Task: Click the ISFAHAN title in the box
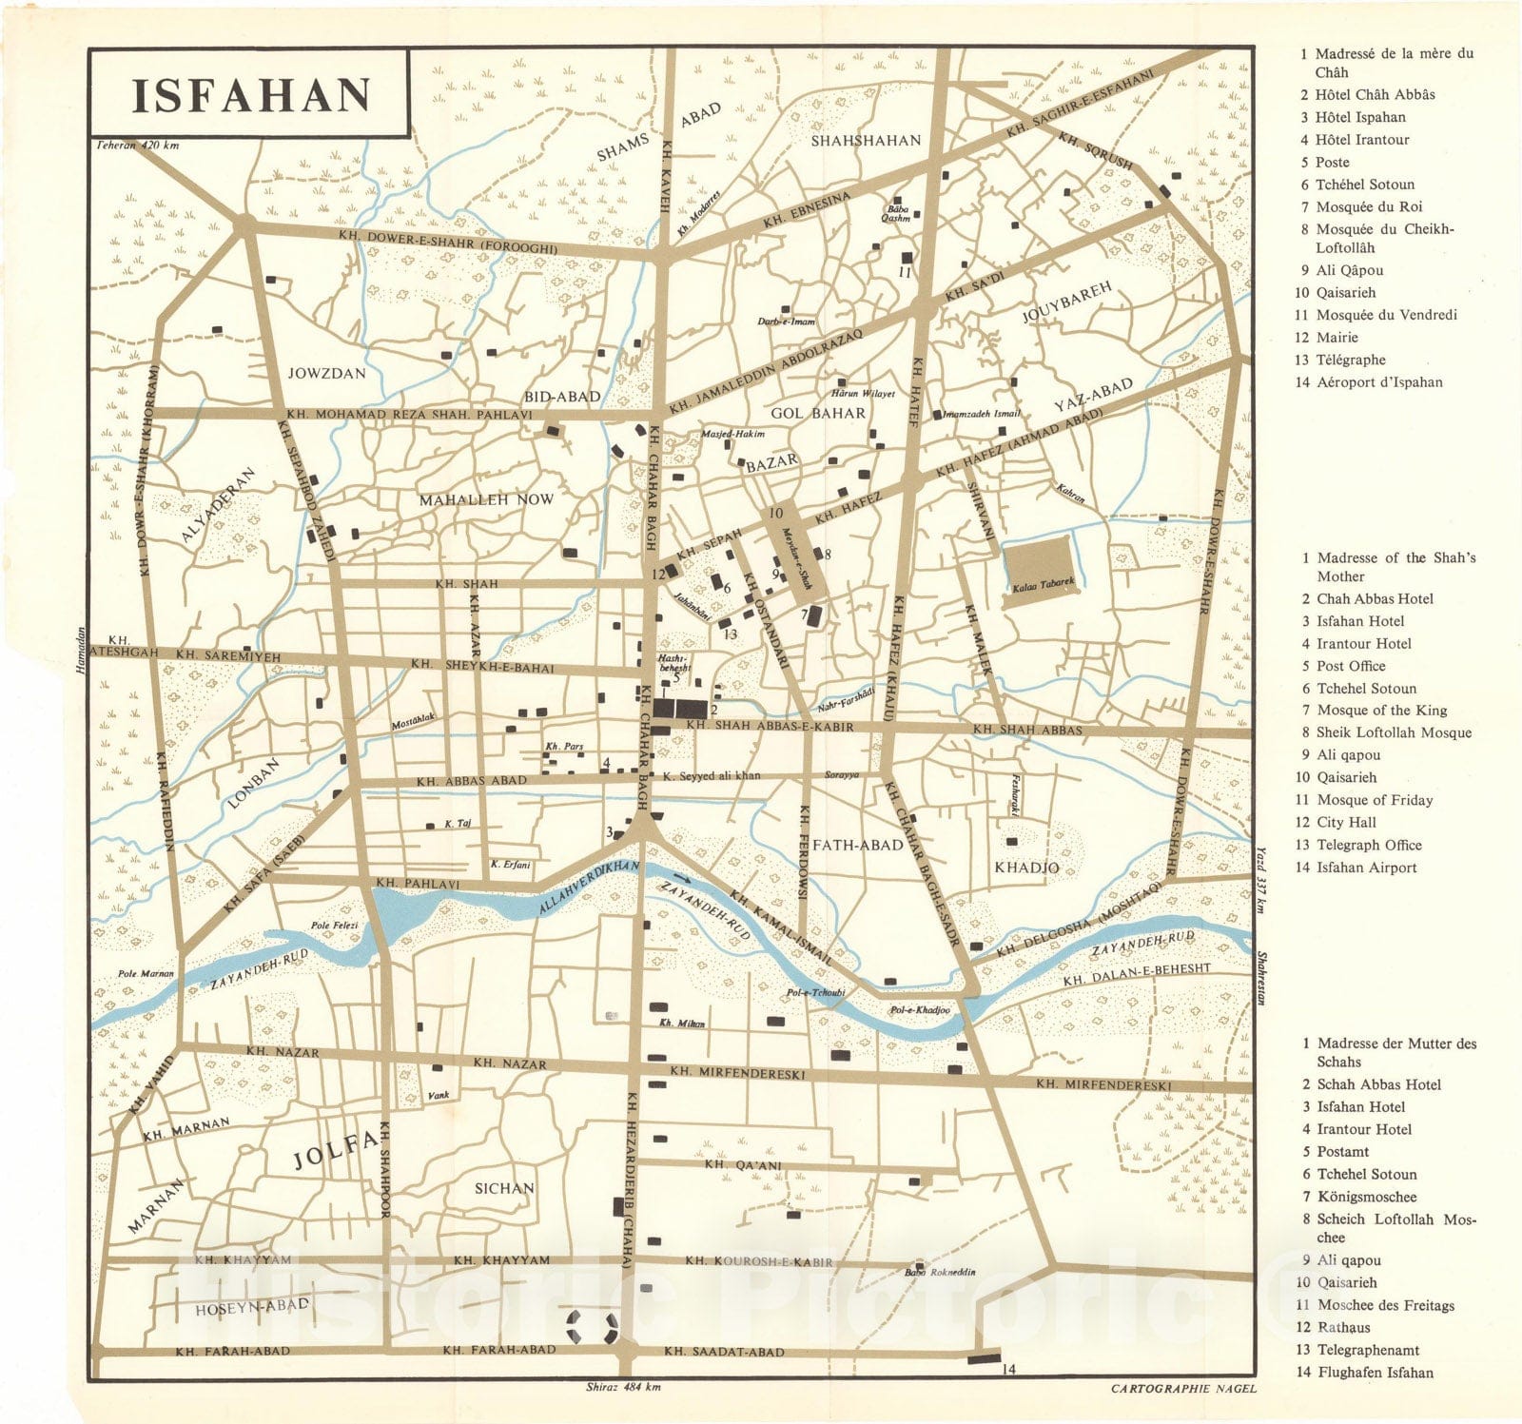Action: click(250, 95)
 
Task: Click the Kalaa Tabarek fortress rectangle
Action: click(1043, 568)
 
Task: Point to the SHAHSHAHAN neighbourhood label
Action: click(866, 140)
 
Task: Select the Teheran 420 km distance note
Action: click(137, 146)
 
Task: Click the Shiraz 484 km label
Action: click(624, 1386)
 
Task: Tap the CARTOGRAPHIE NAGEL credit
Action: click(1182, 1388)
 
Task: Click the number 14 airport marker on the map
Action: click(1009, 1369)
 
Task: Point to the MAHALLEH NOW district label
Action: click(486, 498)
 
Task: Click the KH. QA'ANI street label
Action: click(743, 1164)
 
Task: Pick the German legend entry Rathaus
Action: click(1343, 1327)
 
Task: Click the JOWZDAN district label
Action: click(326, 373)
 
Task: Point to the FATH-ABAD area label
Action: click(858, 845)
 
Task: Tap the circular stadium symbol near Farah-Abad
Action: click(593, 1327)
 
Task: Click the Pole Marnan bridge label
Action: click(145, 973)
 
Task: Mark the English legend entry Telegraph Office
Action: click(1368, 845)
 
